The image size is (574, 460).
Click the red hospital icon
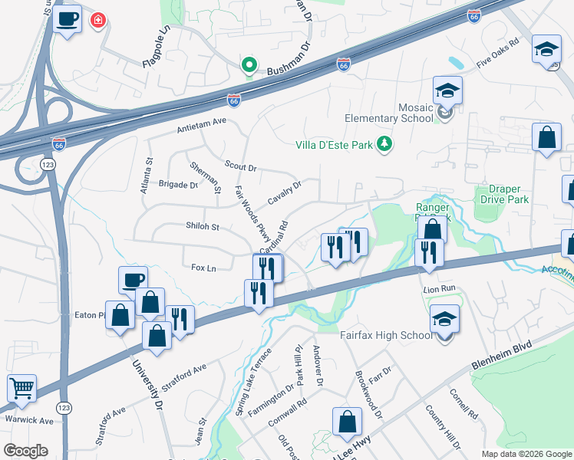pos(97,20)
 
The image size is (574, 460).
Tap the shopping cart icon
pos(21,388)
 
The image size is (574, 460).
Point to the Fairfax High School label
pos(386,335)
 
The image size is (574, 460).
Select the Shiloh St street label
pos(203,227)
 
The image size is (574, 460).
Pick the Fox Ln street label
pos(203,268)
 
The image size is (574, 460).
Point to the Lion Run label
pos(439,289)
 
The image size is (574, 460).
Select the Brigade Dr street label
pos(178,184)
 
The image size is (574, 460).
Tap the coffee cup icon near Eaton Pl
pos(133,280)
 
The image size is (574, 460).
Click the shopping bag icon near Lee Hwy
pos(347,421)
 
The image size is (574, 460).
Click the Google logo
pos(25,451)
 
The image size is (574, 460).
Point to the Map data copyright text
pos(526,454)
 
